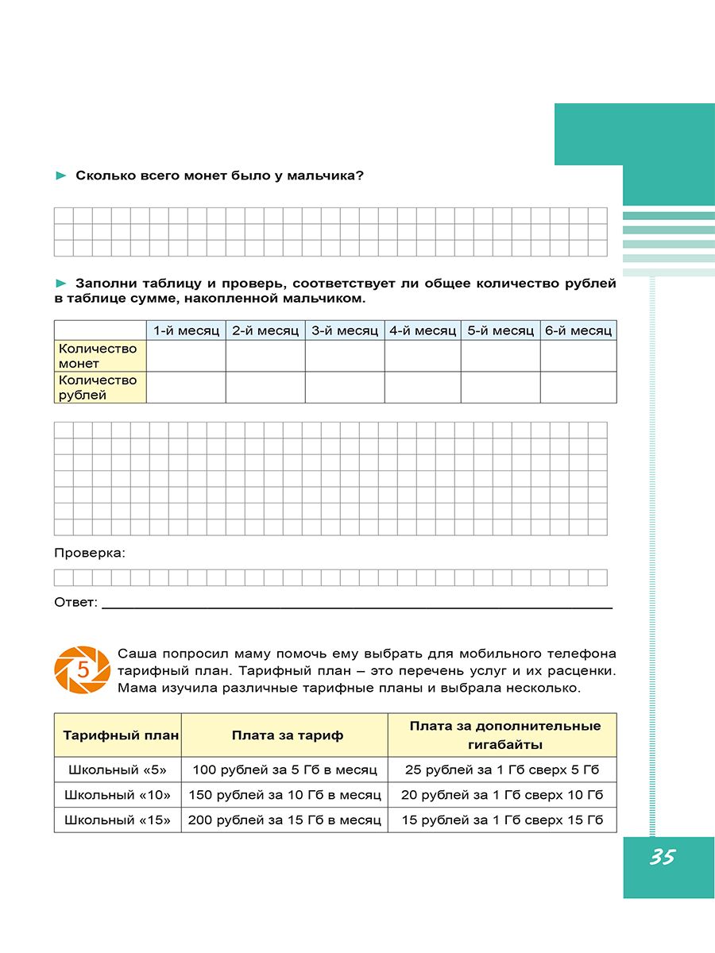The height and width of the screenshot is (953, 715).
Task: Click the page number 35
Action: click(661, 858)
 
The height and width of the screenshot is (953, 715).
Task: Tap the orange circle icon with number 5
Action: click(82, 669)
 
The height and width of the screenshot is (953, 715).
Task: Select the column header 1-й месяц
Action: click(186, 330)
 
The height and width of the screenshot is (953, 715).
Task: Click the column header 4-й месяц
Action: click(423, 330)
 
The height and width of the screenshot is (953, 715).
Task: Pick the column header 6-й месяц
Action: click(578, 330)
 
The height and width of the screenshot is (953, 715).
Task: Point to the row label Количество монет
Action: click(98, 356)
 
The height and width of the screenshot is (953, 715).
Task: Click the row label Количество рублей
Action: click(98, 388)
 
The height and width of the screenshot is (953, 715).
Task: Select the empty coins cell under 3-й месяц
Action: click(345, 356)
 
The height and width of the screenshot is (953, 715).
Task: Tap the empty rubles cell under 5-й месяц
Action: click(500, 388)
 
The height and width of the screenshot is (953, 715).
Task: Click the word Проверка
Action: click(90, 552)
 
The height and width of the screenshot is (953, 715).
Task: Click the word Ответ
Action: click(75, 603)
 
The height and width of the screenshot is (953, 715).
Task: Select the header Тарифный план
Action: click(118, 735)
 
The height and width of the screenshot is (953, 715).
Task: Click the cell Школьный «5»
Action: click(118, 770)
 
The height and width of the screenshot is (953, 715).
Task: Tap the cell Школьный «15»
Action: click(118, 820)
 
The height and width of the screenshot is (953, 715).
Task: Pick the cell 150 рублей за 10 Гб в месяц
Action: click(285, 795)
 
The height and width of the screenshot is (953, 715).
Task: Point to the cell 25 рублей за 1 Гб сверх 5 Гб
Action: click(502, 770)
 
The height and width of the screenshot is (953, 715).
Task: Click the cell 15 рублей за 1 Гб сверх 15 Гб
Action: click(502, 820)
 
